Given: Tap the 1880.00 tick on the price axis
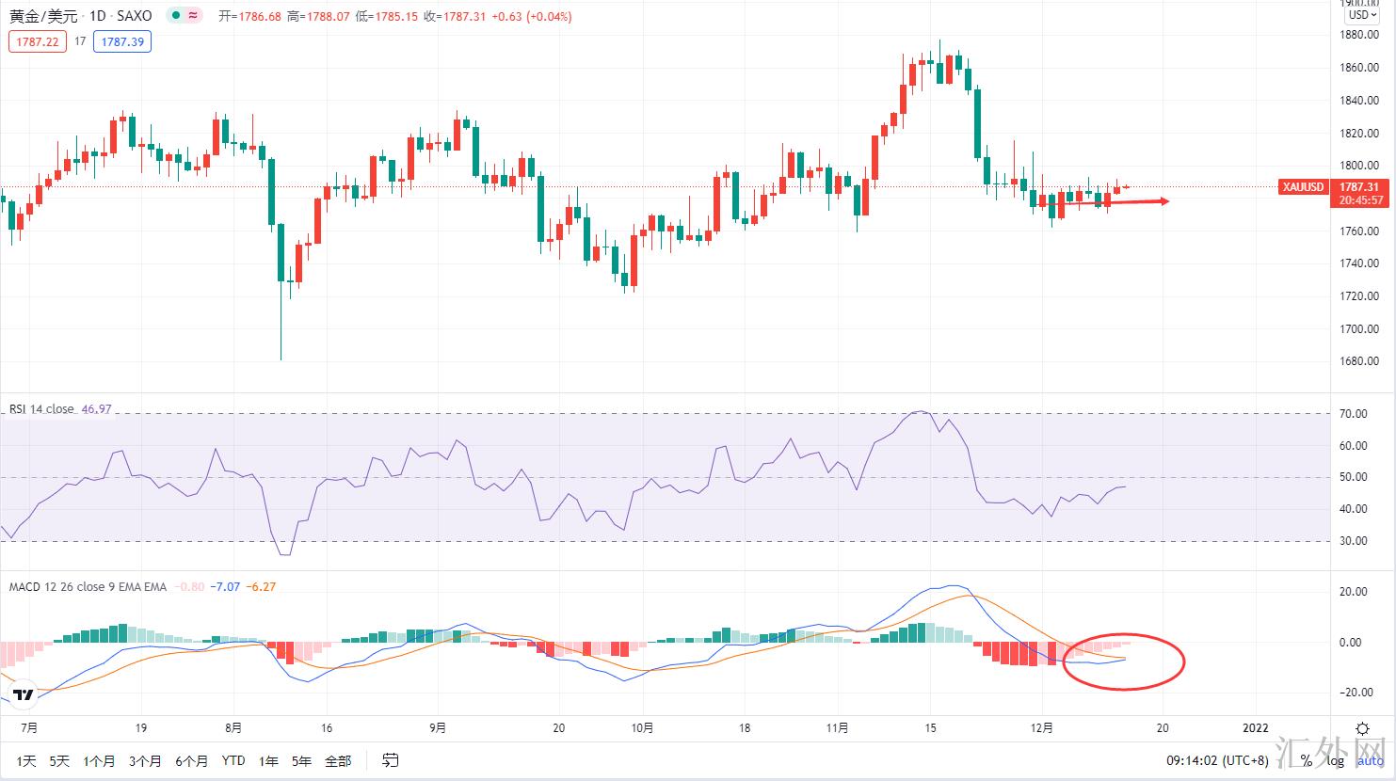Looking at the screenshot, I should [x=1360, y=35].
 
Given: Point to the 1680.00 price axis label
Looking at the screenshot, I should [x=1360, y=361].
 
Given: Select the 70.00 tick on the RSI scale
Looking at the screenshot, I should [x=1354, y=414].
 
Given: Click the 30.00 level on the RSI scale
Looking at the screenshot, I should [x=1354, y=541].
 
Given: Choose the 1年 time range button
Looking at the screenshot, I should [x=268, y=760].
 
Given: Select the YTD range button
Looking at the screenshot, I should [x=233, y=760].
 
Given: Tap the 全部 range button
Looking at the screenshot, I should [x=338, y=760].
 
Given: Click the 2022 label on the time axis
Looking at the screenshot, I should [x=1256, y=728].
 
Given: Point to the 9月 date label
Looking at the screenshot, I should [x=437, y=728].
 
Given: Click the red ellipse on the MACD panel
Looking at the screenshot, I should [x=1123, y=661].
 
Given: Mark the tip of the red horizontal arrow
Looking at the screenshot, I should [x=1168, y=200].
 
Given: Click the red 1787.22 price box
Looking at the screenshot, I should [x=38, y=41].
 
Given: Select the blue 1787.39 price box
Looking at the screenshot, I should [x=122, y=41].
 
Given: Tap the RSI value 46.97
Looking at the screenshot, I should [x=97, y=409].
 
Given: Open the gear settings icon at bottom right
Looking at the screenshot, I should [x=1362, y=728].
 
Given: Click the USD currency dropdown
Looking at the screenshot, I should [x=1360, y=15].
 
